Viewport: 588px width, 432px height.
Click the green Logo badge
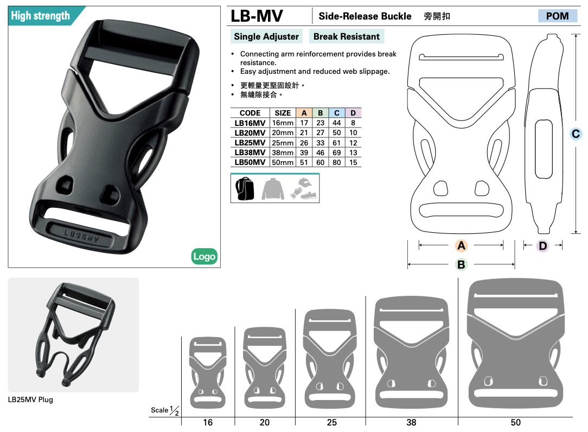pos(204,256)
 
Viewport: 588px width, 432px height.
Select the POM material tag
pos(557,16)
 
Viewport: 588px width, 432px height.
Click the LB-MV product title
pos(257,16)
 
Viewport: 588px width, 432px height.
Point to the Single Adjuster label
pos(266,36)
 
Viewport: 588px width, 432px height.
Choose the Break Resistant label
pos(347,36)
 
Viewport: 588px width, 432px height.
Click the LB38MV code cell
pos(250,153)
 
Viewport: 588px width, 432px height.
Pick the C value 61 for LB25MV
pos(337,143)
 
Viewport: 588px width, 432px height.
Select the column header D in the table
pos(353,113)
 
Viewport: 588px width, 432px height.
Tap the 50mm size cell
pos(283,162)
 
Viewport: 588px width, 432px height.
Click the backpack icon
pos(245,188)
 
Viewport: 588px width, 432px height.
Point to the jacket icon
pos(273,189)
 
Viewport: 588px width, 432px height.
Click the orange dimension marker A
pos(461,245)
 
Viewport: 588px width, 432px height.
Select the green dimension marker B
pos(461,265)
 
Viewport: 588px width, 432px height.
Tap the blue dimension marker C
pos(576,134)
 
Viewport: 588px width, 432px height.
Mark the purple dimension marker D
pos(542,246)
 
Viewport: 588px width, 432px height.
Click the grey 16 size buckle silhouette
pos(208,373)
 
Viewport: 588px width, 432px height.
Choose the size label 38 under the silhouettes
pos(411,423)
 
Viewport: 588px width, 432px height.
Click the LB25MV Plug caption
pos(30,400)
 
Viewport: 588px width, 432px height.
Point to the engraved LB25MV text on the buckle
pos(81,236)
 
